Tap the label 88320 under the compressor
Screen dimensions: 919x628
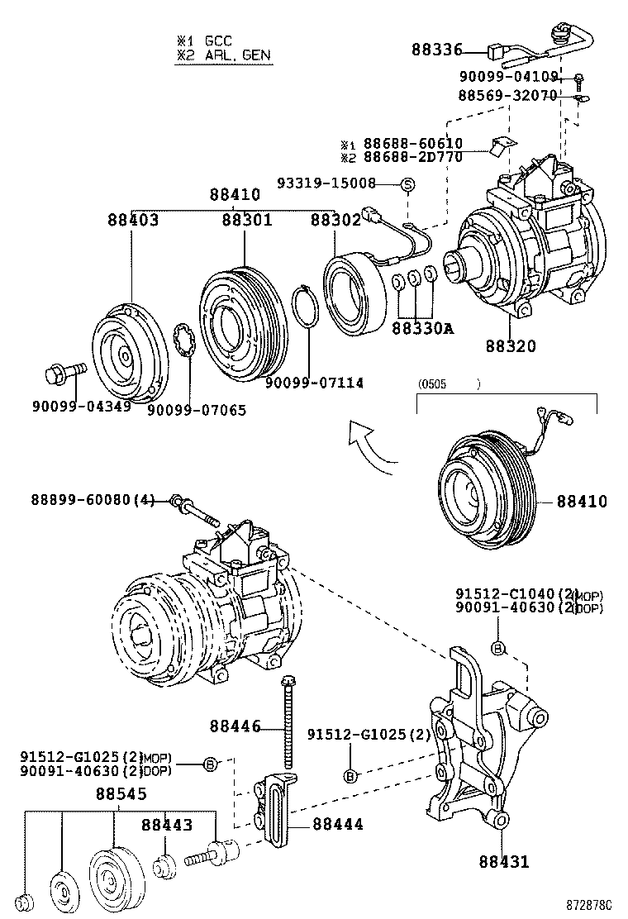(x=510, y=345)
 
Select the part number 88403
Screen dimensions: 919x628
(x=132, y=221)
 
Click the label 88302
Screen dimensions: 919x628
(x=335, y=221)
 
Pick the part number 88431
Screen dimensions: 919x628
(x=503, y=862)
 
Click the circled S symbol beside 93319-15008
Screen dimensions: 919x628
(x=407, y=183)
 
